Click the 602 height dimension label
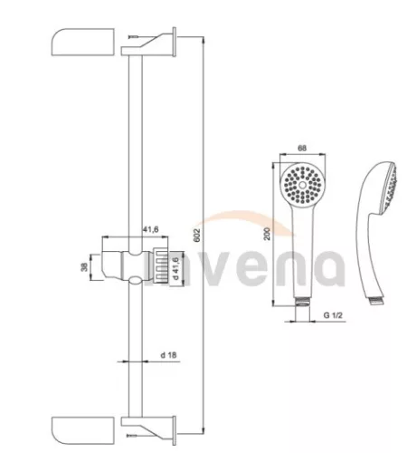click(x=196, y=235)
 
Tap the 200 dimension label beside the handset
click(x=267, y=234)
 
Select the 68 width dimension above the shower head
click(x=302, y=148)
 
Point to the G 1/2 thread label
click(x=333, y=315)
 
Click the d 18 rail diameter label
click(x=168, y=355)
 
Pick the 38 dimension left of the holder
click(x=85, y=266)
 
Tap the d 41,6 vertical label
click(x=176, y=266)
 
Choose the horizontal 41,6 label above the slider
click(x=150, y=230)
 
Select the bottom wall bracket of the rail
click(x=148, y=430)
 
